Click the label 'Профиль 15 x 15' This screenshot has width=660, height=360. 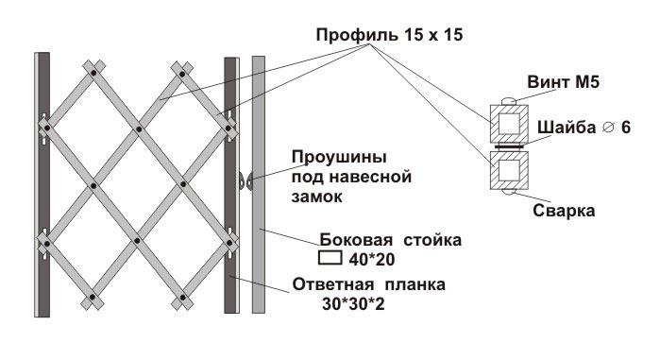click(x=389, y=35)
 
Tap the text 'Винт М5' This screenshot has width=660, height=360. click(x=563, y=81)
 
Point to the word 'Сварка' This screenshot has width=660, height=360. click(x=564, y=211)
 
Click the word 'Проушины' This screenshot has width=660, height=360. click(x=339, y=158)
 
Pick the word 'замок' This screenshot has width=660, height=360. click(x=317, y=197)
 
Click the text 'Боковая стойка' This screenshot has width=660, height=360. click(x=391, y=240)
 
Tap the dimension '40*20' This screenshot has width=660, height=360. click(x=372, y=260)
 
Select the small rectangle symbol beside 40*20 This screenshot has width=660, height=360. click(x=330, y=258)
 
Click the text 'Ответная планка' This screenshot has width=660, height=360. click(x=369, y=284)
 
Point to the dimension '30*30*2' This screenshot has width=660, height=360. click(x=353, y=304)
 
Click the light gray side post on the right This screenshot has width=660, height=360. click(x=259, y=184)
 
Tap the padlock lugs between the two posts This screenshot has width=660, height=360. click(x=245, y=181)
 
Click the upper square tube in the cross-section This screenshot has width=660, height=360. click(x=509, y=124)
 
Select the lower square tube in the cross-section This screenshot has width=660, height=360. click(x=509, y=170)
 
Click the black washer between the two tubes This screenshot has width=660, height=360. click(x=509, y=147)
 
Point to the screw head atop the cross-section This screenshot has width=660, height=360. click(x=509, y=101)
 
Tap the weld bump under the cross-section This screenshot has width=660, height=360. click(x=509, y=193)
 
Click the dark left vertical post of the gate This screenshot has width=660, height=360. click(x=43, y=184)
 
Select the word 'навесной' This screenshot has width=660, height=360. click(x=370, y=177)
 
